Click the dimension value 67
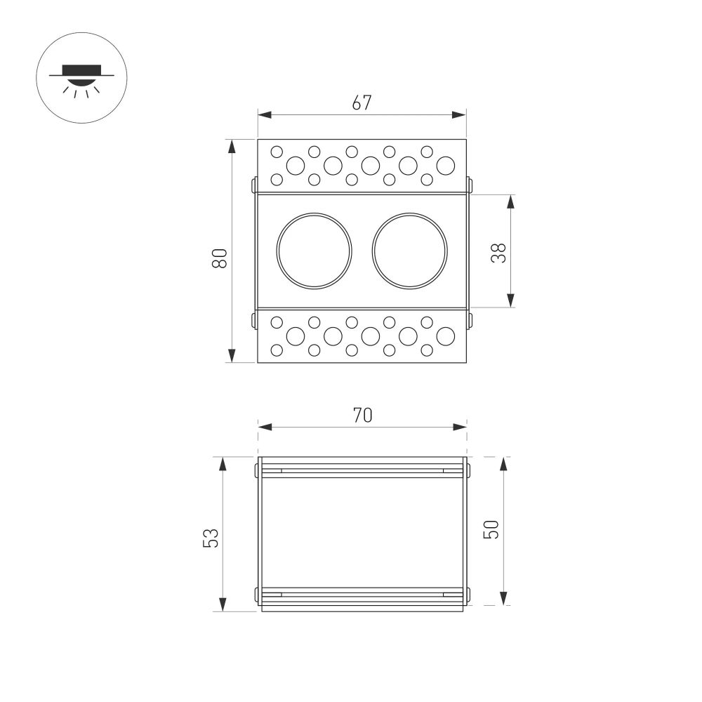coord(362,102)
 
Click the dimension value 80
coord(219,258)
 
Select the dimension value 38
coord(498,252)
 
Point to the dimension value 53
coord(211,537)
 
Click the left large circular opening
coord(314,250)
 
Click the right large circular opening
coord(410,250)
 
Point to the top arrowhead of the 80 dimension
coord(231,145)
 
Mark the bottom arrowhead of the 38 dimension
coord(510,301)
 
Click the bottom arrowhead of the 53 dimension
coord(223,605)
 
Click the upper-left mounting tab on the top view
coord(253,185)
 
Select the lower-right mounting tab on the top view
coord(470,320)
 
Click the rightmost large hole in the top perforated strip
coord(445,166)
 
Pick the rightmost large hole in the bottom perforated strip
coord(445,336)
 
